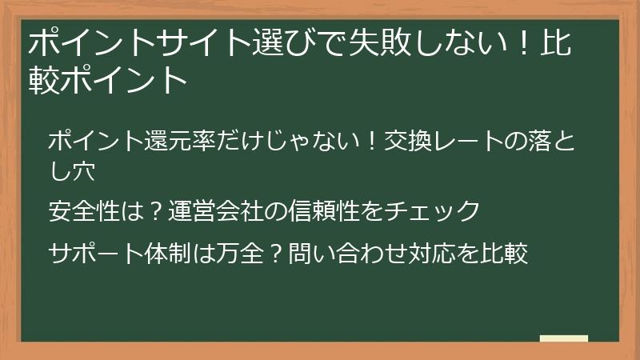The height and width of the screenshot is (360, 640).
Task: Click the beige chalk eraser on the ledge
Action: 564,338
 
